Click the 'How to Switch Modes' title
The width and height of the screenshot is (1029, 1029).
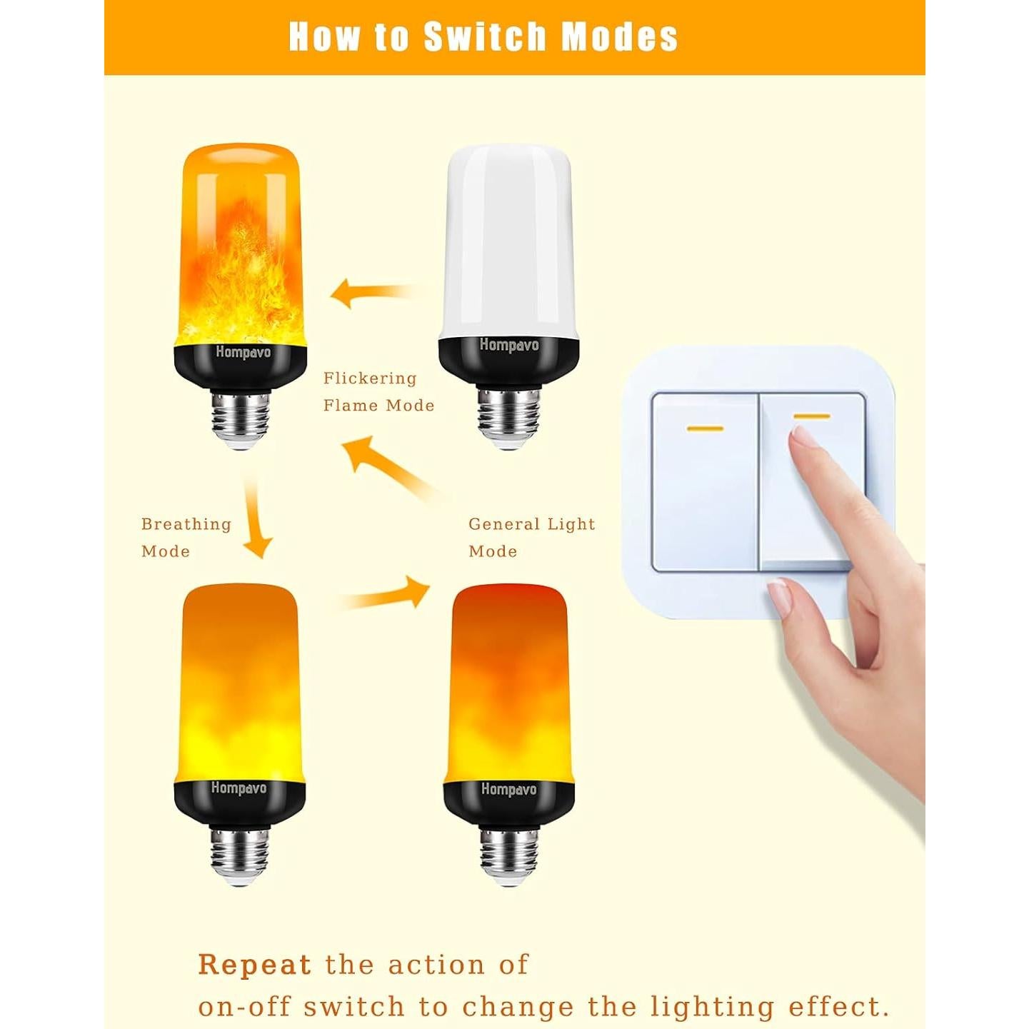(483, 36)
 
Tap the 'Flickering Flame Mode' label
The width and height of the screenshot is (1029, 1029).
(378, 392)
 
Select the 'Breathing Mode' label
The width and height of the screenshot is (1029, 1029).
(186, 537)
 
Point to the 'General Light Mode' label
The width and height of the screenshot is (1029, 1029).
(531, 537)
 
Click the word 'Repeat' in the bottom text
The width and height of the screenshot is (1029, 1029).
(254, 965)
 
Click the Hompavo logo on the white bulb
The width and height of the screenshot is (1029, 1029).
(508, 345)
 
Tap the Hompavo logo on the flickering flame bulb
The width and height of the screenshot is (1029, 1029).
(243, 352)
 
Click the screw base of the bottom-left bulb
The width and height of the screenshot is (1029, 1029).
(240, 855)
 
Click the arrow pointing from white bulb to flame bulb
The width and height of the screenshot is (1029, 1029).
(371, 292)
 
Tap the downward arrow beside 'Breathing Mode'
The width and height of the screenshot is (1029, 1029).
(256, 519)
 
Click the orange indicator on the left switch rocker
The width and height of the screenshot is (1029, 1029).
(704, 429)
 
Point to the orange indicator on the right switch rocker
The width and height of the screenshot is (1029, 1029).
(811, 416)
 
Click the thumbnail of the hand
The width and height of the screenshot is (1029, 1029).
(780, 598)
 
